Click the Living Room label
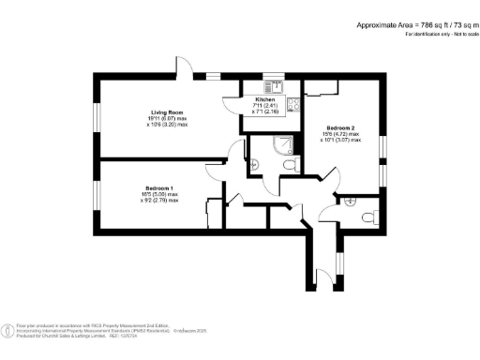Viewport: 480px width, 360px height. (167, 113)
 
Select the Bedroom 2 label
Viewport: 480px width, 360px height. (341, 127)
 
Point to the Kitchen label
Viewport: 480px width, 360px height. (265, 98)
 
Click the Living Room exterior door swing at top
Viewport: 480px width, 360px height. (187, 68)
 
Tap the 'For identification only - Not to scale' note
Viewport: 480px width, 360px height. (435, 34)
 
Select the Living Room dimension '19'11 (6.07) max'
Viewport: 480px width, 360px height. (165, 119)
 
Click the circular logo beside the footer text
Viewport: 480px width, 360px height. (8, 329)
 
